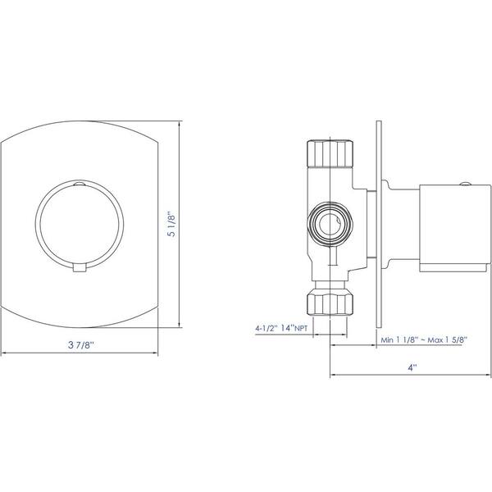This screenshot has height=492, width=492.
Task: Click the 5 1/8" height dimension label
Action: pos(173,224)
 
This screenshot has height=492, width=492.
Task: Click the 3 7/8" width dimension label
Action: pos(81,345)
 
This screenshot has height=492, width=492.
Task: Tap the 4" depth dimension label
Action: pos(412,367)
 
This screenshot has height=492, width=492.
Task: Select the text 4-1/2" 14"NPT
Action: pos(281,329)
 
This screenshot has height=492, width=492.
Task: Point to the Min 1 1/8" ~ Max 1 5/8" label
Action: pos(424,339)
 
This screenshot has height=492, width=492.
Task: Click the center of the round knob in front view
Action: pos(80,225)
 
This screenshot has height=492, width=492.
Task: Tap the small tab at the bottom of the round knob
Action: pos(80,267)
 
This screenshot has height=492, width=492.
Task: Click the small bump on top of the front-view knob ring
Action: pos(80,183)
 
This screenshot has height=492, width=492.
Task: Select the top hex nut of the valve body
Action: pos(330,153)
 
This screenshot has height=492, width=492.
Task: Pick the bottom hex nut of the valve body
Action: pos(330,302)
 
